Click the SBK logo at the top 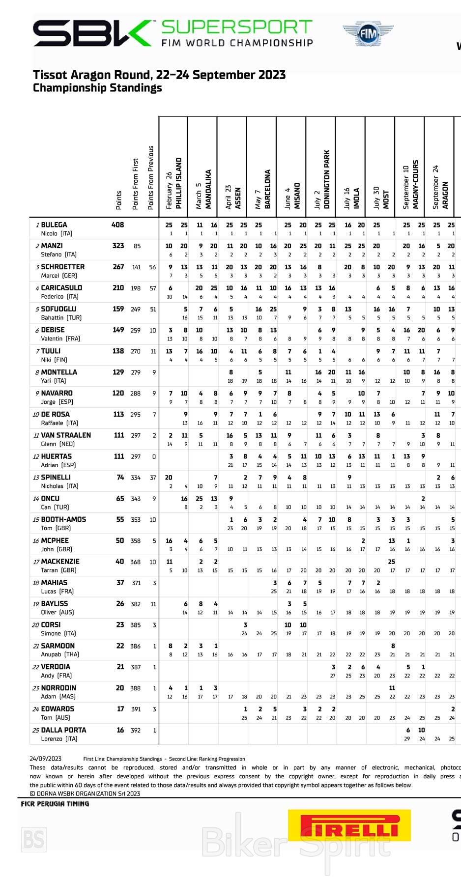click(x=92, y=33)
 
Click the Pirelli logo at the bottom click(x=349, y=826)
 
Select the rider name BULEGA click(x=54, y=225)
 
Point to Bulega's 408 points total click(x=118, y=225)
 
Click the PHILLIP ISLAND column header click(x=179, y=183)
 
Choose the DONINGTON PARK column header click(x=327, y=179)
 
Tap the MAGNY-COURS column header click(x=416, y=184)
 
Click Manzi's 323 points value click(x=118, y=246)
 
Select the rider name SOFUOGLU click(x=58, y=309)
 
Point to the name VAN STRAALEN click(x=66, y=435)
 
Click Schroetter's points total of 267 click(x=118, y=267)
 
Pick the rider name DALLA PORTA click(x=63, y=730)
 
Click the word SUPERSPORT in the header click(x=237, y=27)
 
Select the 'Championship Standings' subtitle click(x=97, y=88)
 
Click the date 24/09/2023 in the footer click(x=45, y=759)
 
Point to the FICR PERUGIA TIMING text click(x=55, y=804)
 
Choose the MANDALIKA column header click(x=208, y=189)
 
